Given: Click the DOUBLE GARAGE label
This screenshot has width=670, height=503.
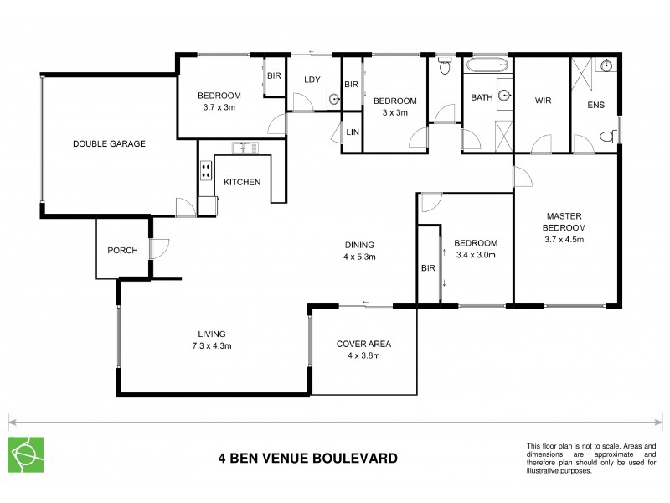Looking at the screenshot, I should [x=109, y=143].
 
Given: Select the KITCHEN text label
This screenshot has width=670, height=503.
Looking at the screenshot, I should [x=242, y=182].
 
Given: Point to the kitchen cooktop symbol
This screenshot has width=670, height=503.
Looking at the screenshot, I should [x=205, y=172].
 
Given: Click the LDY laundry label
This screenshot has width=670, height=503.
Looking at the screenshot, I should [x=313, y=80].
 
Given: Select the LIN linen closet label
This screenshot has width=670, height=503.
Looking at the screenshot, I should [x=352, y=133].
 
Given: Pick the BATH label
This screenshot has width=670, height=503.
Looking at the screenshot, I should [x=482, y=97].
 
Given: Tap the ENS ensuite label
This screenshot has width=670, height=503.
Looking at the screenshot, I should [x=595, y=105].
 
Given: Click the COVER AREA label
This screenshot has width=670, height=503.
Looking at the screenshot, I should [x=363, y=344].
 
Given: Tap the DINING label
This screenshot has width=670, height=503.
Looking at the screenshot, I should [x=359, y=245].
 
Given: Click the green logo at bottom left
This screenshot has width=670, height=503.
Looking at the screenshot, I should [x=24, y=453].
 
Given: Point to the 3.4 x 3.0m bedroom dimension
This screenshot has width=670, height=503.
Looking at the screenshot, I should [x=476, y=255].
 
